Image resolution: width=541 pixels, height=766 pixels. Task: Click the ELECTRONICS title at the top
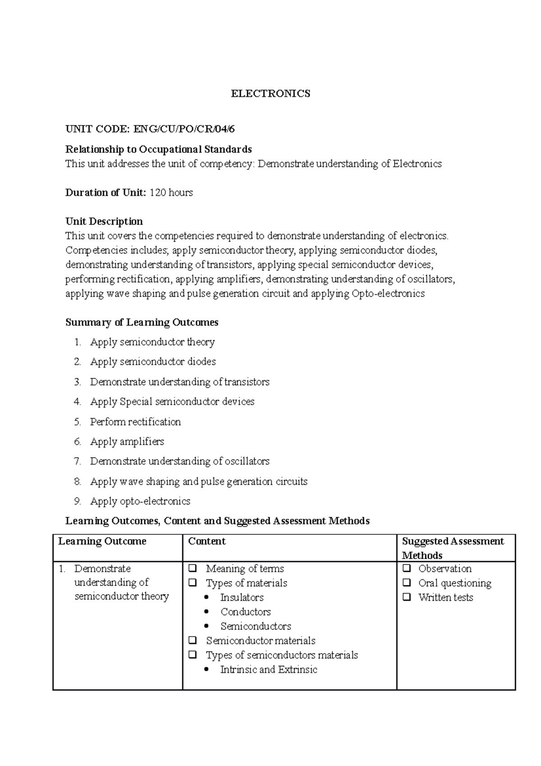pyautogui.click(x=270, y=94)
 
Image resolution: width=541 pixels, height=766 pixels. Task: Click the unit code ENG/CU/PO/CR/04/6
pyautogui.click(x=183, y=129)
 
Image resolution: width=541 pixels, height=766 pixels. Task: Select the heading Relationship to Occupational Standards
pyautogui.click(x=158, y=149)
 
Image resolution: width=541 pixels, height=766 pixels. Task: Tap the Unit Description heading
pyautogui.click(x=104, y=221)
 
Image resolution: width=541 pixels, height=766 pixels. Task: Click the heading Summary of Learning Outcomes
pyautogui.click(x=142, y=323)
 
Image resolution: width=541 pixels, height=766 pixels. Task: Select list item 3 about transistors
pyautogui.click(x=179, y=382)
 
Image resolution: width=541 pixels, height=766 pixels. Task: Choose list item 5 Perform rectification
pyautogui.click(x=135, y=422)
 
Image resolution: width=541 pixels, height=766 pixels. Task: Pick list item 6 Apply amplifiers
pyautogui.click(x=127, y=442)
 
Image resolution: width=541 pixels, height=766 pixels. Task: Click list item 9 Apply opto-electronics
pyautogui.click(x=140, y=501)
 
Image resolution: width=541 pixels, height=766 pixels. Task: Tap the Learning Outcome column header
pyautogui.click(x=102, y=541)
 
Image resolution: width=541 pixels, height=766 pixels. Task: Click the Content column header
pyautogui.click(x=207, y=541)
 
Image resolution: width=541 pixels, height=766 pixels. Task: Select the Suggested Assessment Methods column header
pyautogui.click(x=453, y=548)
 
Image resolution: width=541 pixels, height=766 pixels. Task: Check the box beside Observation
pyautogui.click(x=407, y=568)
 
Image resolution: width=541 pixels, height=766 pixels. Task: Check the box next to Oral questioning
pyautogui.click(x=407, y=583)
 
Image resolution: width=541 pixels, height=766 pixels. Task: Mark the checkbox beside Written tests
pyautogui.click(x=407, y=597)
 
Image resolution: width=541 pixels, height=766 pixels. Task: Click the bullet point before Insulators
pyautogui.click(x=207, y=598)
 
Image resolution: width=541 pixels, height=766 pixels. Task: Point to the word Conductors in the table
pyautogui.click(x=246, y=612)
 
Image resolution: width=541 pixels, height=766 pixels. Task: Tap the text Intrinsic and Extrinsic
pyautogui.click(x=269, y=670)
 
